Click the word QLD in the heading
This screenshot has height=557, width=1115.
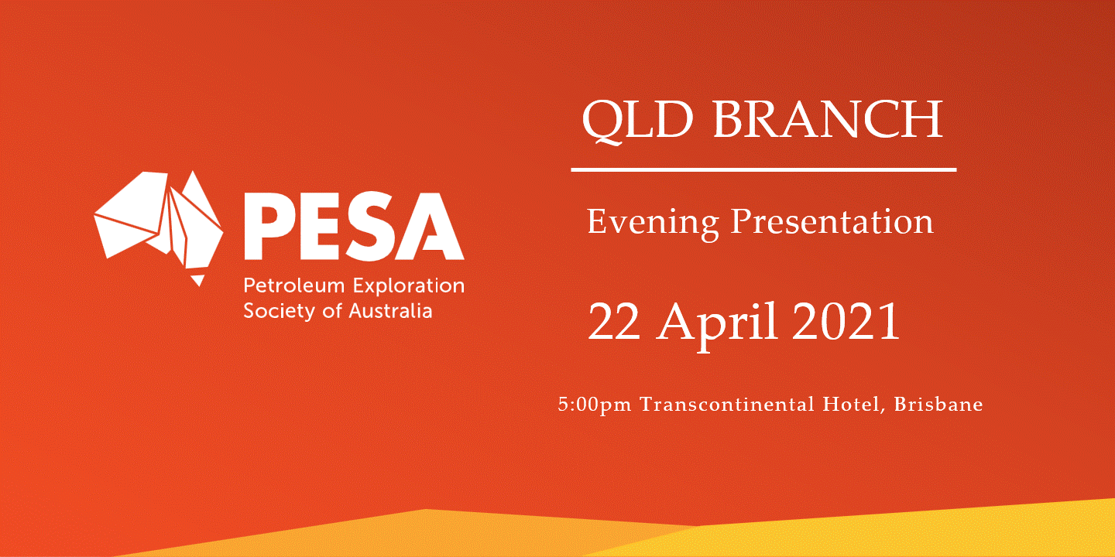coord(638,121)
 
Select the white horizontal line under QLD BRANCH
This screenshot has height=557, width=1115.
coord(763,170)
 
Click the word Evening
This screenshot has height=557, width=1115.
coord(653,224)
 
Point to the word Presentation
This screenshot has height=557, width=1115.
coord(832,222)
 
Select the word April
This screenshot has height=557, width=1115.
coord(719,324)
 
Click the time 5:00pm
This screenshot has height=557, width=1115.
coord(595,405)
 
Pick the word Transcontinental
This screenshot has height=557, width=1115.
coord(727,404)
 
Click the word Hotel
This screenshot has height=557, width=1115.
coord(853,405)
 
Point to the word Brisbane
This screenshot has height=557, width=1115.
coord(938,404)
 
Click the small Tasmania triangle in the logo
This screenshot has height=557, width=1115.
coord(198,280)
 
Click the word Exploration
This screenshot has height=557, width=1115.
coord(408,286)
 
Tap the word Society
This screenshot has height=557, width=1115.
coord(280,312)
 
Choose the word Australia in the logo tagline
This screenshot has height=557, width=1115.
coord(390,311)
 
